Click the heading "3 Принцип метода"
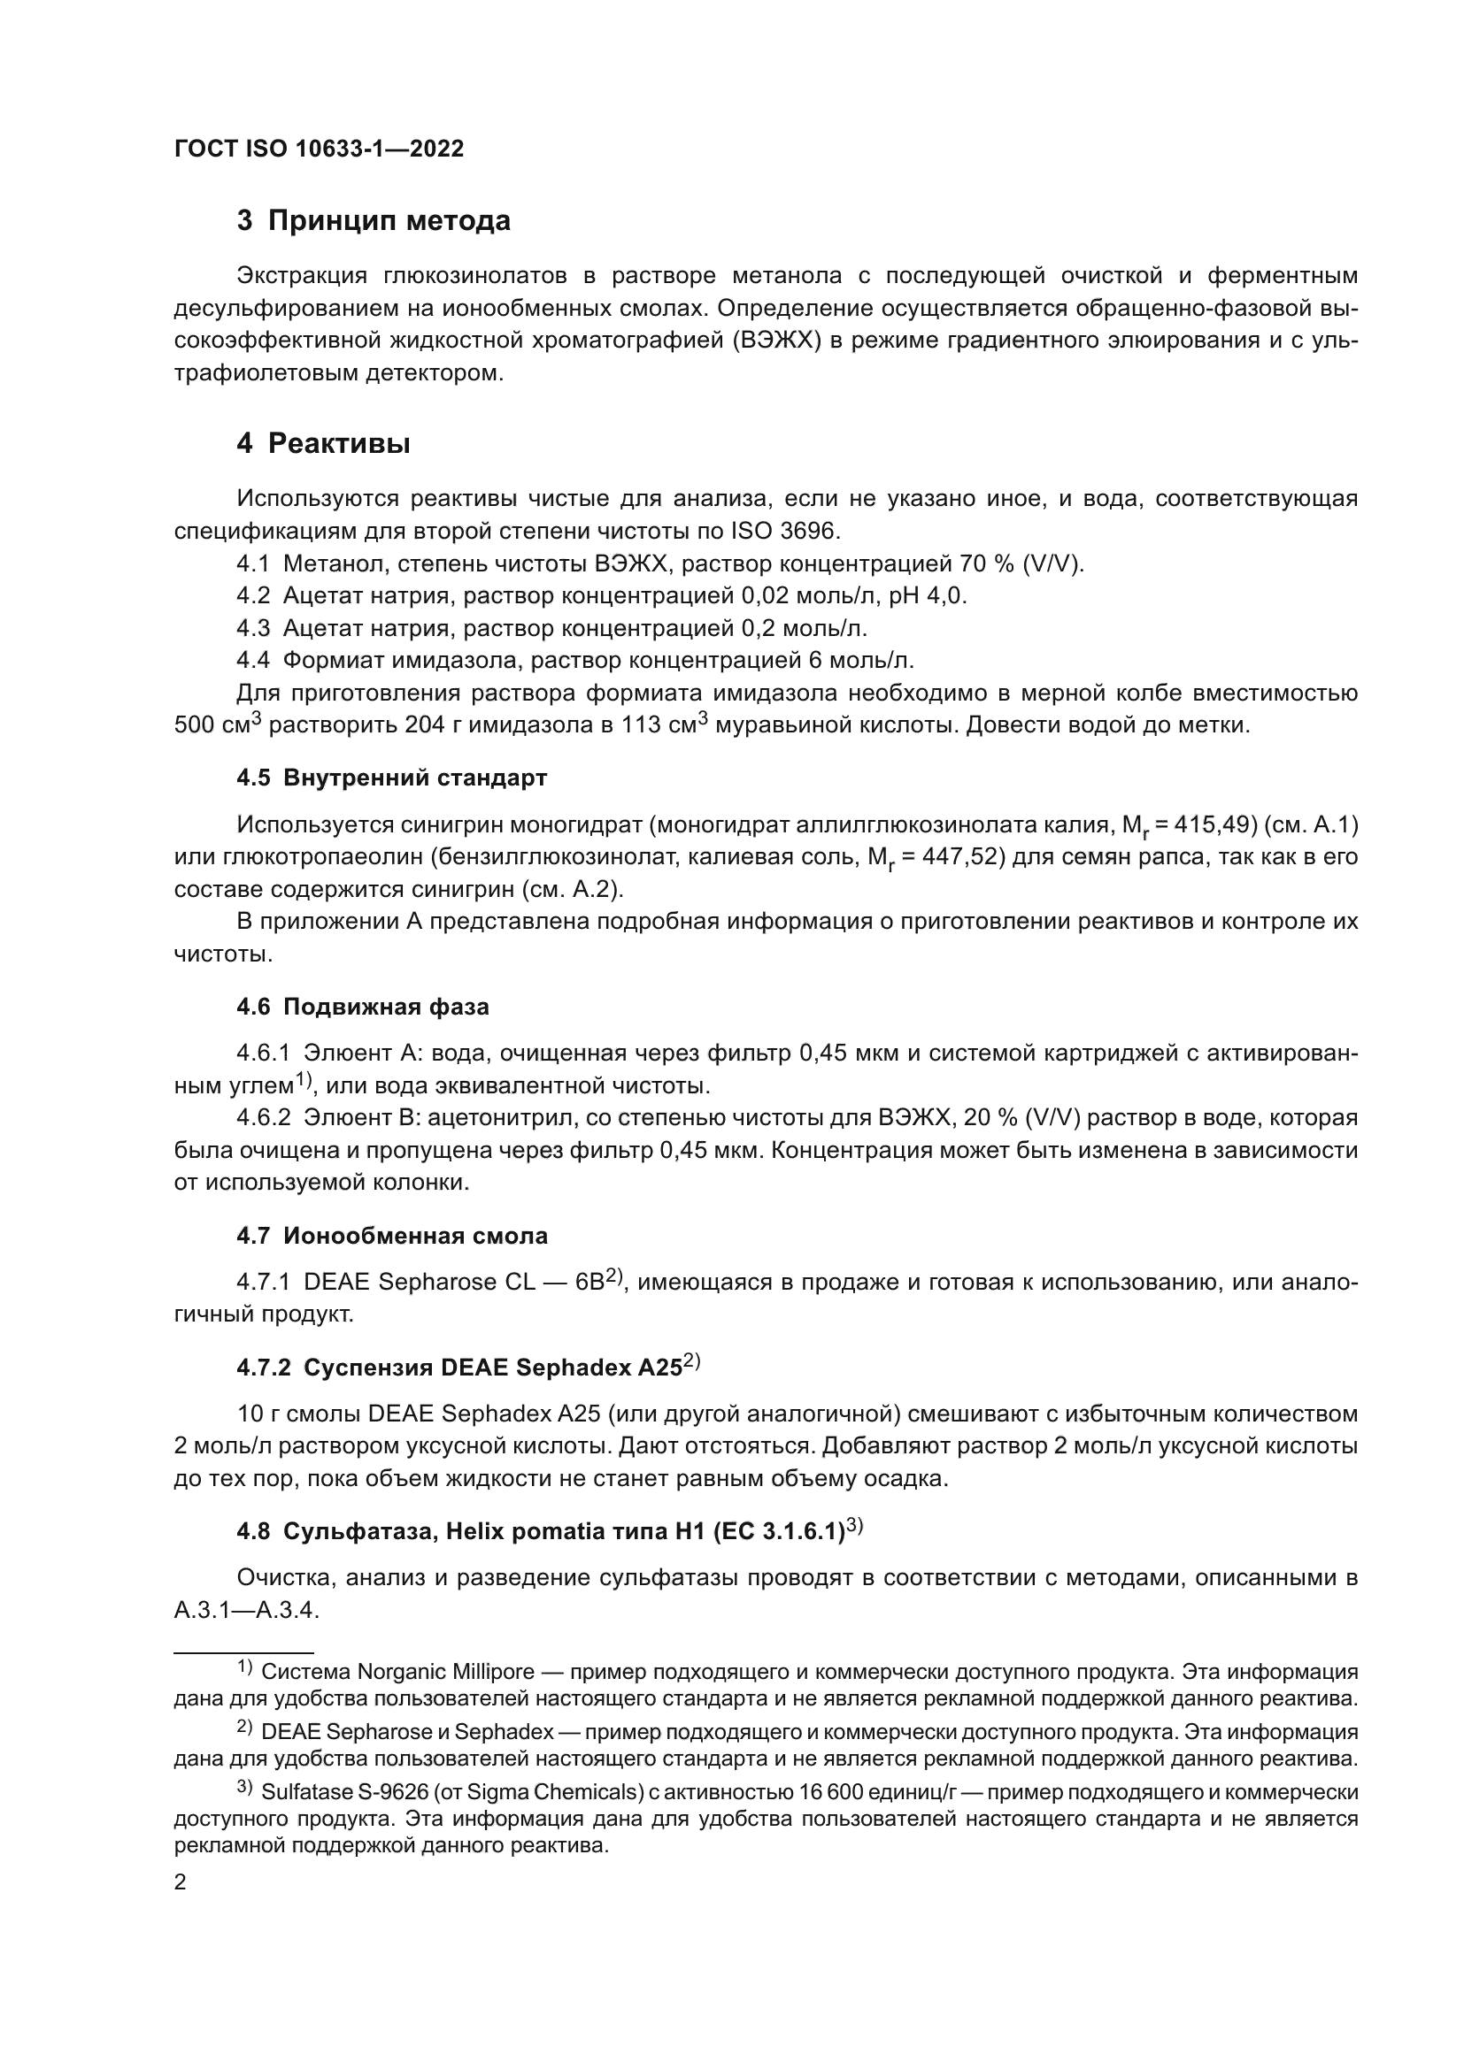point(374,221)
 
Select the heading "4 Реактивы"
point(324,443)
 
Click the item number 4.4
point(252,661)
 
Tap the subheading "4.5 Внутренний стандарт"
point(391,778)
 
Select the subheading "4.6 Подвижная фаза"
point(362,1007)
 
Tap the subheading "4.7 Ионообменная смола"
point(391,1236)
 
